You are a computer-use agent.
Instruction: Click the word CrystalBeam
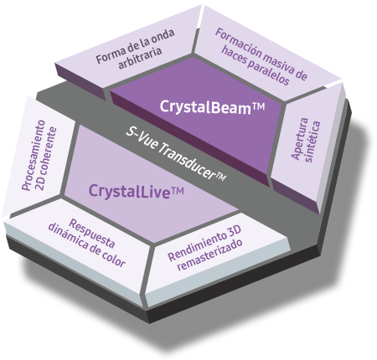click(205, 107)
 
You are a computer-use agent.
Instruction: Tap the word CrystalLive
click(129, 191)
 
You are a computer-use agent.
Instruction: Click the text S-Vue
click(140, 138)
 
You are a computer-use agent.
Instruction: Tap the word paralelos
click(268, 72)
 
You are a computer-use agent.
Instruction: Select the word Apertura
click(300, 138)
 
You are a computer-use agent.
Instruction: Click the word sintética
click(312, 141)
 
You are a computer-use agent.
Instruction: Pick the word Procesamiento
click(34, 155)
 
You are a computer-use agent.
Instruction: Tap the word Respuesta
click(92, 234)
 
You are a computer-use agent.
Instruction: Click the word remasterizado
click(209, 255)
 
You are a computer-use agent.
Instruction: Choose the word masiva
click(280, 63)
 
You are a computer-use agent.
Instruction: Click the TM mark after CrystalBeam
click(258, 107)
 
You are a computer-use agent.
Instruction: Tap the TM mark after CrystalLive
click(177, 191)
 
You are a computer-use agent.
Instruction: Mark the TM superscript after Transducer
click(221, 177)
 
